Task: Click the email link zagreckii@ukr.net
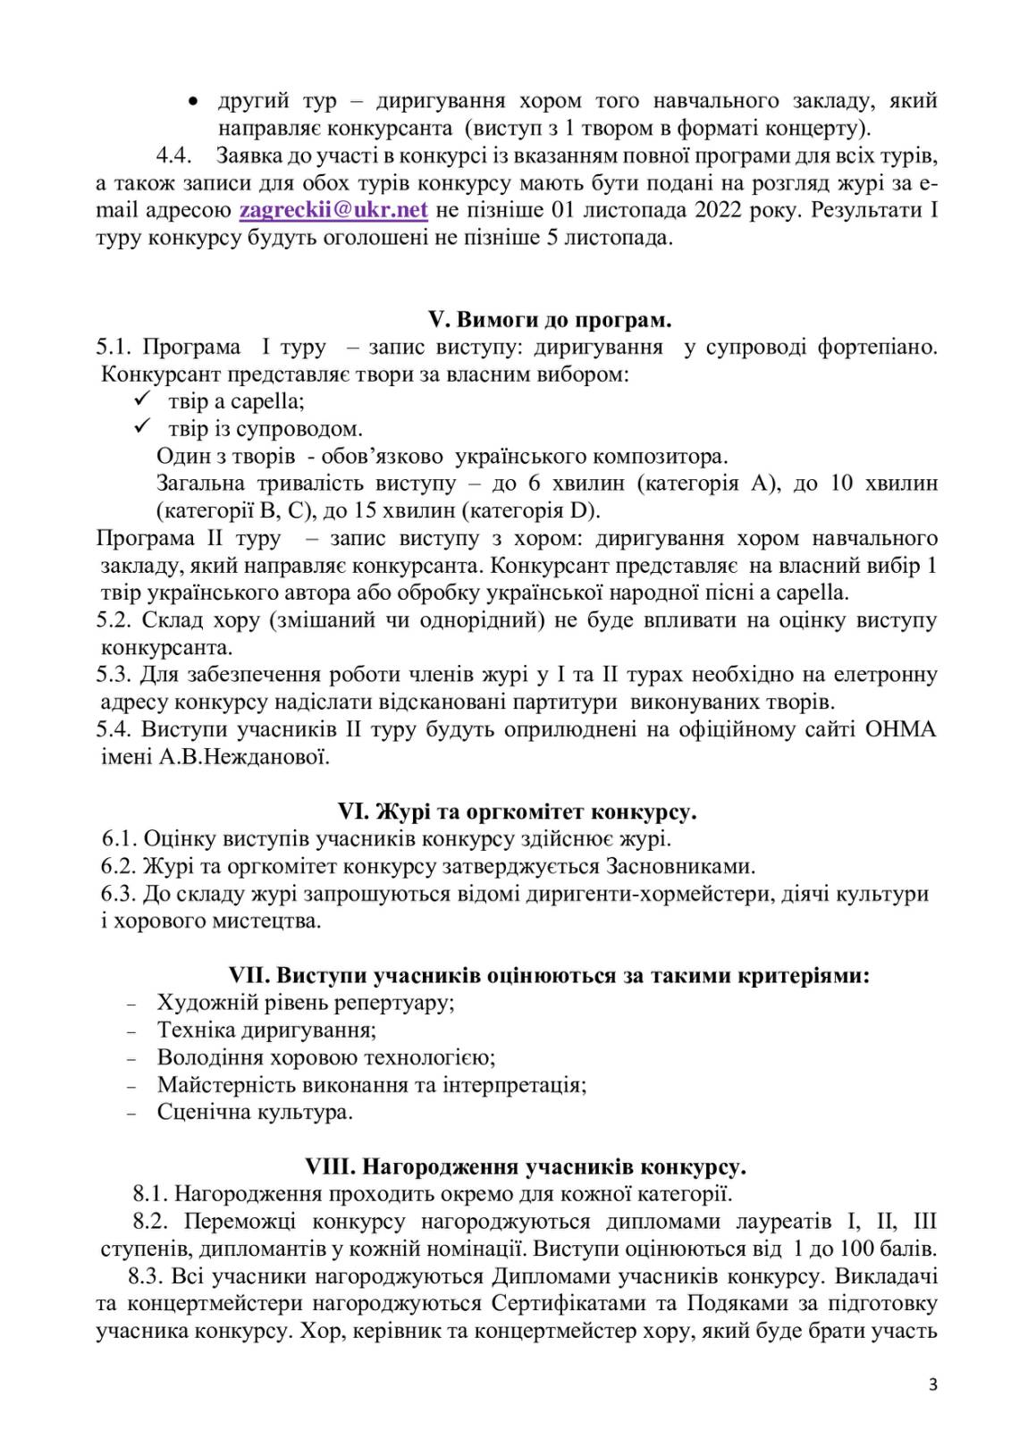(333, 210)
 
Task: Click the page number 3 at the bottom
(933, 1385)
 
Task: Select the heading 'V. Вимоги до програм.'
(550, 319)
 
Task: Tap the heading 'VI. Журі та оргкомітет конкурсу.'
(517, 812)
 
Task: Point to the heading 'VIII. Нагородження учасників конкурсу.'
(526, 1166)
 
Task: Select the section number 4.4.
(175, 156)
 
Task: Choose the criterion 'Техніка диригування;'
(266, 1030)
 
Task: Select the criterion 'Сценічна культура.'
(255, 1112)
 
